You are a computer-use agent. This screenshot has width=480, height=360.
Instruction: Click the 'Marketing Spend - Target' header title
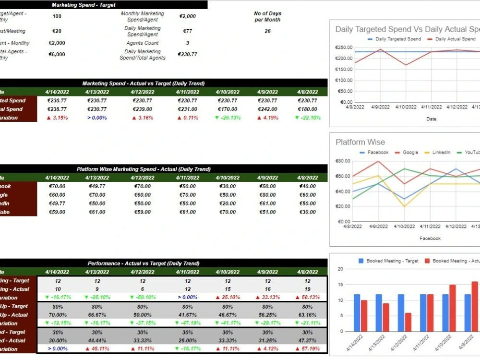(x=84, y=5)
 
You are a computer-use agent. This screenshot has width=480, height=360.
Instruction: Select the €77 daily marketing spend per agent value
(x=188, y=31)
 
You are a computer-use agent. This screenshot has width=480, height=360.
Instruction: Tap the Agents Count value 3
(x=188, y=43)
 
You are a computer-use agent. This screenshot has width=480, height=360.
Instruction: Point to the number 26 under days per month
(x=267, y=31)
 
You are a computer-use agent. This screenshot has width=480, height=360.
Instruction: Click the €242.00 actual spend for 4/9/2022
(x=267, y=109)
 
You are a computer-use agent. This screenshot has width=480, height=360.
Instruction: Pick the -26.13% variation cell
(x=228, y=118)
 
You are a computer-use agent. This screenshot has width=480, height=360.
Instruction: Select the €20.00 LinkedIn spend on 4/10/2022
(x=228, y=204)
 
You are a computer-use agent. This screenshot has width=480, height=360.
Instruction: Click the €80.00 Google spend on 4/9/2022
(x=267, y=195)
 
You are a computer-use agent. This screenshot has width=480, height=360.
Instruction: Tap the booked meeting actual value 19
(x=307, y=289)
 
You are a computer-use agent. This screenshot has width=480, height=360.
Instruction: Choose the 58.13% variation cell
(x=307, y=298)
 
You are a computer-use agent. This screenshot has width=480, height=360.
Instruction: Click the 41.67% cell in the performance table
(x=188, y=315)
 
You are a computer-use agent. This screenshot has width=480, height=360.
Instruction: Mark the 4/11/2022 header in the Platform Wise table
(x=188, y=178)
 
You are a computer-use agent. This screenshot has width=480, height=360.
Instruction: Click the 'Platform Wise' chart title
(x=360, y=142)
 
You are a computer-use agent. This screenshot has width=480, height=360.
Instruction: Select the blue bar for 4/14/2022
(x=357, y=312)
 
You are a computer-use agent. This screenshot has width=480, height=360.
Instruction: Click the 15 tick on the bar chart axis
(x=341, y=285)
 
